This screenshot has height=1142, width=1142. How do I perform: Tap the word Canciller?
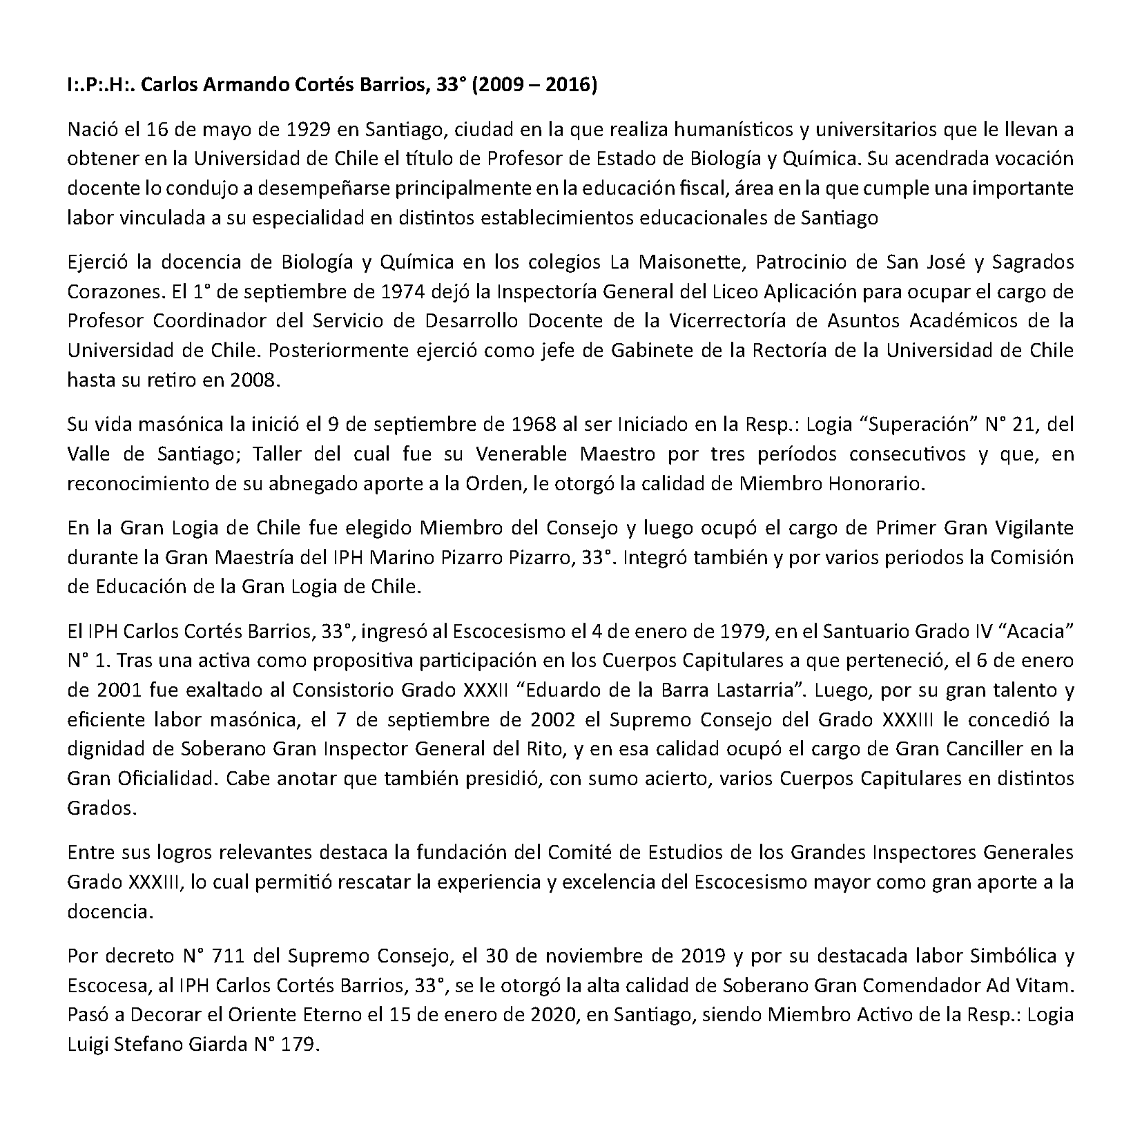[x=983, y=749]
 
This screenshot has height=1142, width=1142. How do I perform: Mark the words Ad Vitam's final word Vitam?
[x=1047, y=985]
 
